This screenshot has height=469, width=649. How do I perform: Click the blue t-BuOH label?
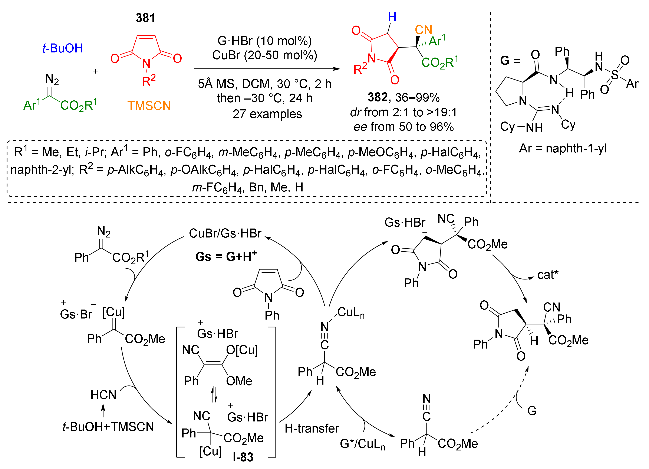tap(63, 48)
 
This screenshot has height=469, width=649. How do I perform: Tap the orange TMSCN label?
tap(149, 106)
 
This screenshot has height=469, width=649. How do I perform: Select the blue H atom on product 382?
tap(392, 17)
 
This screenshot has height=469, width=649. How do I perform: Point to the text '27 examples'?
tap(267, 114)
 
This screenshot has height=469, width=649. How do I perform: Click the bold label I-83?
tap(243, 457)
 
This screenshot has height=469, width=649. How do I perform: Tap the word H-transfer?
tap(312, 428)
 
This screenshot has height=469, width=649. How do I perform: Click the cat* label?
tap(548, 275)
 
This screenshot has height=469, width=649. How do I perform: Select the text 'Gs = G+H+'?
tap(226, 256)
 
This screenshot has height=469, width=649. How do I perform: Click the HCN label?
tap(103, 395)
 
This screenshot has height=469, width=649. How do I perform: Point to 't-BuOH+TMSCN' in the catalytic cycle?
tap(108, 427)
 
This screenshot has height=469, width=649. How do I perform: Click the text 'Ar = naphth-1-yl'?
tap(563, 148)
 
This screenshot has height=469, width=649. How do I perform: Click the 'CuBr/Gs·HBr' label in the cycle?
tap(225, 233)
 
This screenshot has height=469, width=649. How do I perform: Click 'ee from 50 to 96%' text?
tap(403, 127)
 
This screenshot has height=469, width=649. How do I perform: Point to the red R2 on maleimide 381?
tap(148, 81)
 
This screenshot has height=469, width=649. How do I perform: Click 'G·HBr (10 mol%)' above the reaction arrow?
tap(264, 41)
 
